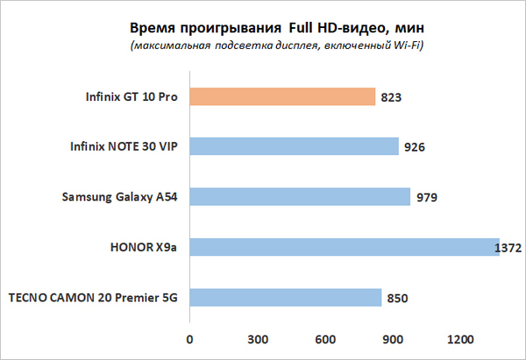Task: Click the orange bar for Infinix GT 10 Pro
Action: pyautogui.click(x=281, y=96)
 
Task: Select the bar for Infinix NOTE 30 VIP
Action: pyautogui.click(x=294, y=146)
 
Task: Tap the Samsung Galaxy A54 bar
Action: pyautogui.click(x=299, y=196)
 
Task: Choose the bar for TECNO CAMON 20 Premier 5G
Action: pyautogui.click(x=285, y=298)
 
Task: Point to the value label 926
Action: pyautogui.click(x=416, y=147)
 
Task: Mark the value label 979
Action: pyautogui.click(x=427, y=197)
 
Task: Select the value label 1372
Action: pyautogui.click(x=510, y=249)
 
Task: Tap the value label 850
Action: pyautogui.click(x=398, y=299)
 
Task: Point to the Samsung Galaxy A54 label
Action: pyautogui.click(x=117, y=197)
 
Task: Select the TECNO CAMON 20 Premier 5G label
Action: pyautogui.click(x=93, y=298)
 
